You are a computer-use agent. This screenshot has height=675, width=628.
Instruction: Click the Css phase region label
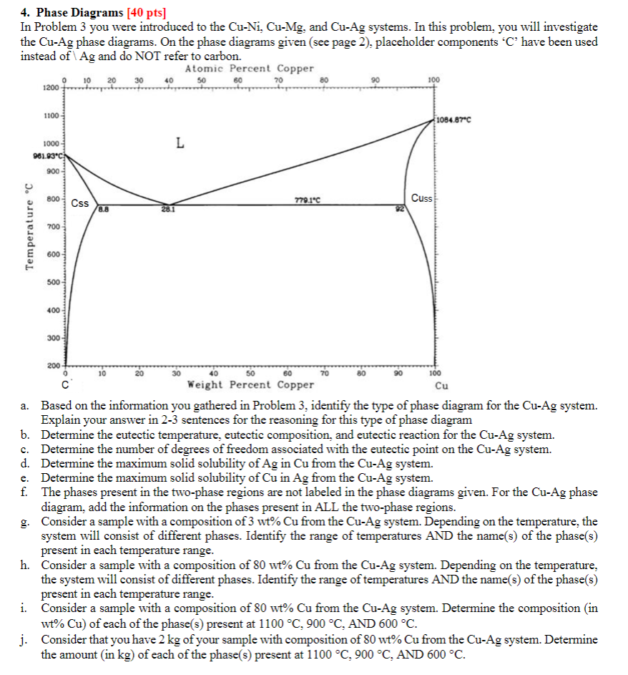coord(80,203)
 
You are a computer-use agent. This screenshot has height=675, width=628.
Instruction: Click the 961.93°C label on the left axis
coord(48,157)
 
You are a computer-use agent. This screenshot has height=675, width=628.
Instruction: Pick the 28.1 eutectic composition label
coord(168,210)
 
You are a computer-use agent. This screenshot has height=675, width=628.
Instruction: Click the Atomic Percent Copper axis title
coord(249,69)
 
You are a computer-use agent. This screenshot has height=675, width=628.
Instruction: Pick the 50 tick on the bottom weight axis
coord(250,373)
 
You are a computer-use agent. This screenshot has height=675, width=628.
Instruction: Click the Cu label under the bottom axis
coord(432,384)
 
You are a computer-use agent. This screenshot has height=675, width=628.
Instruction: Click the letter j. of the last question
coord(26,640)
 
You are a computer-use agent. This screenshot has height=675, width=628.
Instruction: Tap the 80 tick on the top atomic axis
coord(326,79)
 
